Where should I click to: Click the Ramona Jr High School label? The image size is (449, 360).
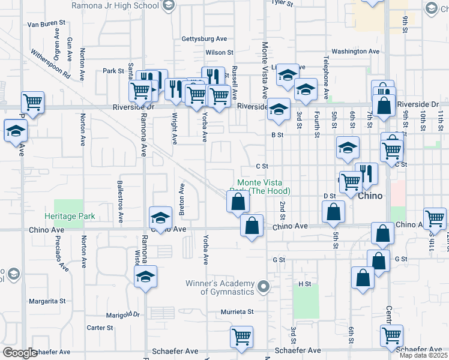pyautogui.click(x=115, y=6)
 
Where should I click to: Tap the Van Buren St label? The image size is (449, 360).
pyautogui.click(x=46, y=24)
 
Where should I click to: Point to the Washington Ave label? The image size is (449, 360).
pyautogui.click(x=355, y=52)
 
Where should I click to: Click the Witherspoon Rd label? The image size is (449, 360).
pyautogui.click(x=51, y=64)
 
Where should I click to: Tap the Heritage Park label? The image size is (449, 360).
pyautogui.click(x=70, y=216)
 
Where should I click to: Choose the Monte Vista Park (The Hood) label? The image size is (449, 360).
pyautogui.click(x=264, y=187)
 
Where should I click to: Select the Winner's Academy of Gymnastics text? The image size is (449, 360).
pyautogui.click(x=228, y=287)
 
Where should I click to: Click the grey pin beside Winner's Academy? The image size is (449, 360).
pyautogui.click(x=262, y=288)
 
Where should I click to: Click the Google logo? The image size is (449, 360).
pyautogui.click(x=20, y=353)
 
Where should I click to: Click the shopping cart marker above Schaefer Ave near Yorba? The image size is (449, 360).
pyautogui.click(x=241, y=337)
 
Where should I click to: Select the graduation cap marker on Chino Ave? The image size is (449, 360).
pyautogui.click(x=160, y=217)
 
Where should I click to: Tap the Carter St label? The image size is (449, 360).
pyautogui.click(x=100, y=328)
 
